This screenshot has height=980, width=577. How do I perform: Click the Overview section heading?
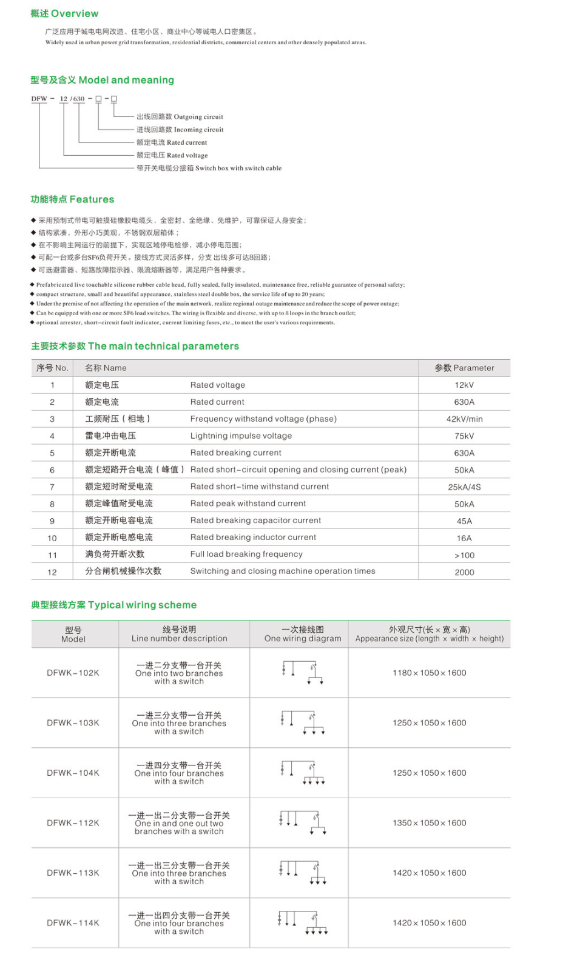[x=64, y=13]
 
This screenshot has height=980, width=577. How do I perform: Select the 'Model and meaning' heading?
[x=102, y=80]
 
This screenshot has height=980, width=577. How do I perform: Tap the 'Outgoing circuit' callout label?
[x=180, y=117]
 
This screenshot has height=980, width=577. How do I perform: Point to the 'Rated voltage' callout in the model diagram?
[x=172, y=156]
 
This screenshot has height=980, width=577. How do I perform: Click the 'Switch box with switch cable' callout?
[x=209, y=168]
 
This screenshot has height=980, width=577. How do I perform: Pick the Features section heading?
[x=72, y=199]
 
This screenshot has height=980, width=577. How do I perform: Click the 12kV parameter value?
[x=464, y=385]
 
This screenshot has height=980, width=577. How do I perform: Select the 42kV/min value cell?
[x=464, y=419]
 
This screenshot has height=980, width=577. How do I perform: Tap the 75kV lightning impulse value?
[x=464, y=436]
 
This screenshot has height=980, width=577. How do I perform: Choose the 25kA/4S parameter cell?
[x=464, y=487]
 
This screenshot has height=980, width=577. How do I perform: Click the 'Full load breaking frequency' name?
[x=246, y=554]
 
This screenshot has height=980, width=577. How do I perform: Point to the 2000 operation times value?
[x=464, y=572]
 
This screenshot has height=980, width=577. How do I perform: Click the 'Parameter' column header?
[x=464, y=368]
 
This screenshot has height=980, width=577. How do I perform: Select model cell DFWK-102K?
[x=73, y=673]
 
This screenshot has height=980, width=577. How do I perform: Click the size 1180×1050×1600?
[x=429, y=673]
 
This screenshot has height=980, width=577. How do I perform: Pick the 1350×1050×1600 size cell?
[x=429, y=823]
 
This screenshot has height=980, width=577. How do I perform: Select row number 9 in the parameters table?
[x=52, y=521]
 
